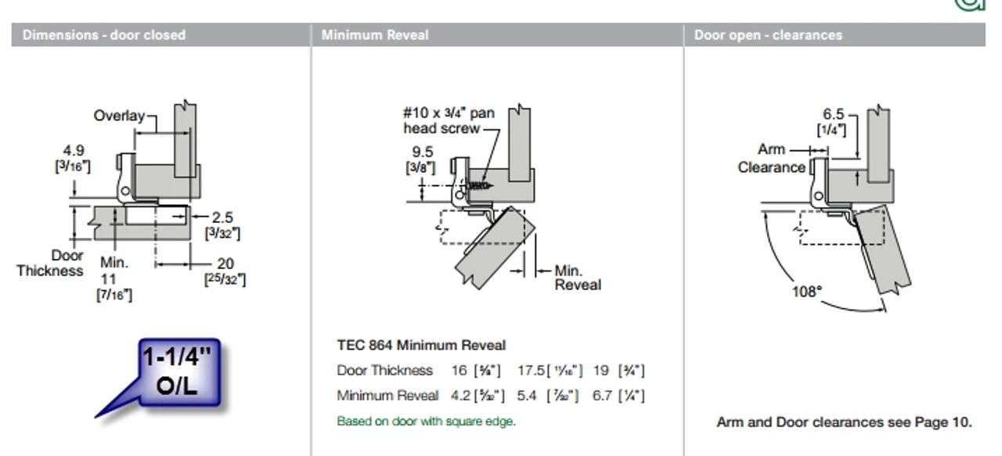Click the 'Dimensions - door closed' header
click(103, 35)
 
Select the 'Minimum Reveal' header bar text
click(375, 35)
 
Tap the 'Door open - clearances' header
click(768, 35)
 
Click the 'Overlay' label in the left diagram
click(119, 116)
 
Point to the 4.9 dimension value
click(74, 150)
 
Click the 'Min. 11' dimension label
click(114, 270)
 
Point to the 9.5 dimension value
click(423, 152)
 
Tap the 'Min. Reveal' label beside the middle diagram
click(578, 278)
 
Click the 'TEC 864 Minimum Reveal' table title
click(421, 345)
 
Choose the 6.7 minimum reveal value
click(603, 396)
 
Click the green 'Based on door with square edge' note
click(426, 421)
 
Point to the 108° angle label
click(807, 292)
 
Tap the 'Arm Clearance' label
click(771, 158)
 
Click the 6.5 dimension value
click(833, 115)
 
